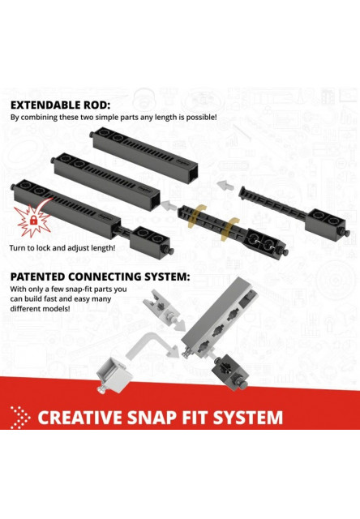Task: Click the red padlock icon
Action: coord(33,220)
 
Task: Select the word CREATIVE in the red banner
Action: coord(81,418)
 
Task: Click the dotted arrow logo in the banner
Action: coord(20,417)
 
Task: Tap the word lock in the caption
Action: coord(43,247)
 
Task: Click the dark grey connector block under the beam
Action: coord(230,371)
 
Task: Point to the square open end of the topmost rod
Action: coord(192,174)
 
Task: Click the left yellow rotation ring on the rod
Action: coord(196,217)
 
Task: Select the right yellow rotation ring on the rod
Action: coord(229,229)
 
